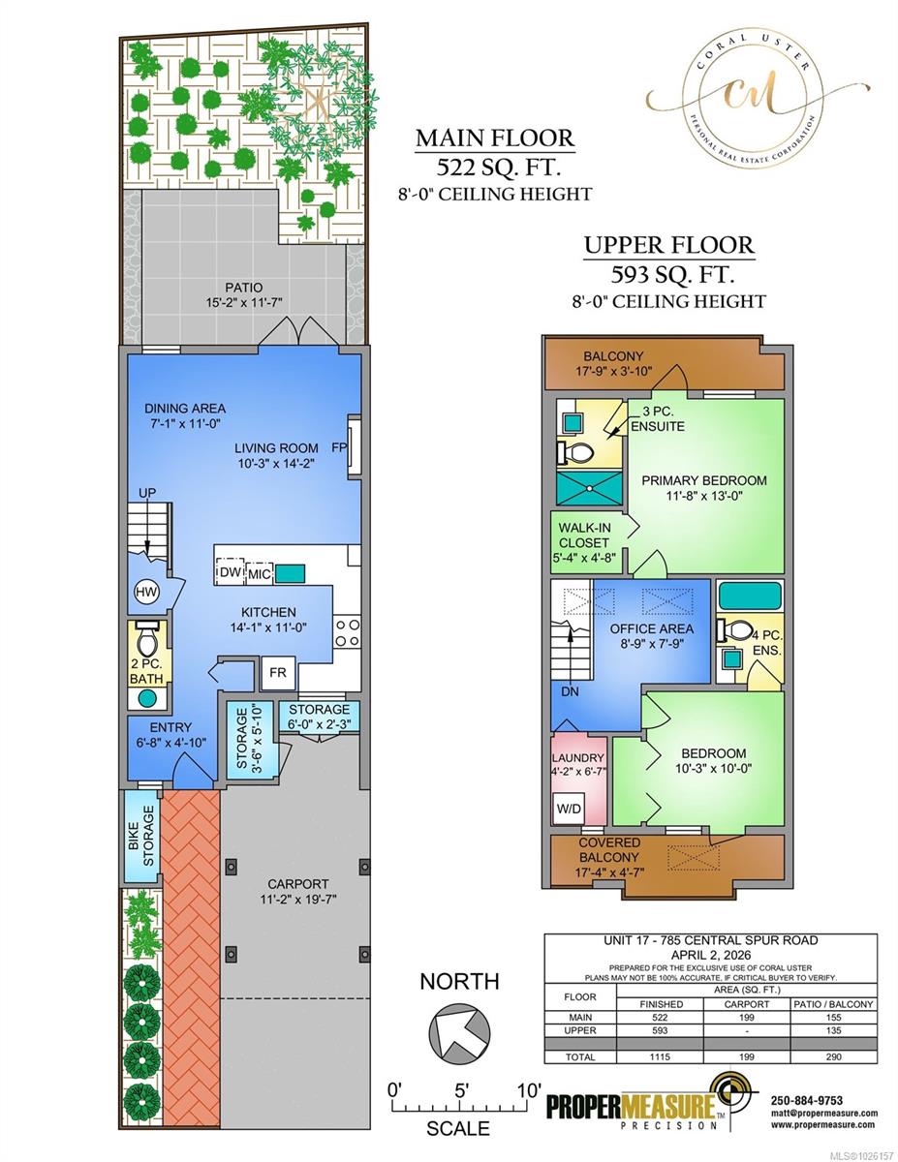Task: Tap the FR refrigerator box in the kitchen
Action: (x=278, y=670)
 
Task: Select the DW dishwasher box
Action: (x=230, y=573)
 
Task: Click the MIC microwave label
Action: (x=259, y=573)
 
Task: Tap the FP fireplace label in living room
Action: (x=338, y=447)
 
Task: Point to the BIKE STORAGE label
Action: (x=140, y=835)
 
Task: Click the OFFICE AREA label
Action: (x=648, y=628)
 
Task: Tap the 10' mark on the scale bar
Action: (x=529, y=1089)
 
